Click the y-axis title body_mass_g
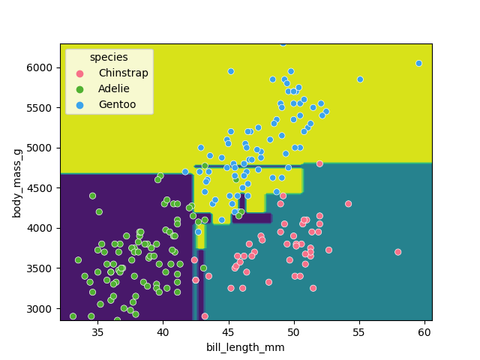click(16, 182)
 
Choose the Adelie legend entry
click(113, 88)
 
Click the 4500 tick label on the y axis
click(43, 187)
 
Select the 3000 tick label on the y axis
click(43, 308)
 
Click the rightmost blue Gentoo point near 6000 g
click(418, 64)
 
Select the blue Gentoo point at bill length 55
click(360, 79)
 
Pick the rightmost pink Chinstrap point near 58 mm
click(397, 252)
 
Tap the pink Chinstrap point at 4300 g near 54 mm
click(348, 204)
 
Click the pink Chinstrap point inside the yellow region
click(319, 163)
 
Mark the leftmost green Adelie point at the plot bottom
click(73, 316)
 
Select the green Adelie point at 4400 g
click(92, 196)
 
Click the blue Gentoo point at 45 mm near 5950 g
click(231, 71)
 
